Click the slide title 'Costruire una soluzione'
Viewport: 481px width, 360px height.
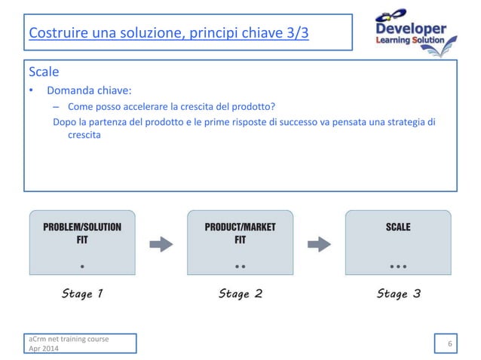168,34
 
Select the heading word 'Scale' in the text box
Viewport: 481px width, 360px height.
44,72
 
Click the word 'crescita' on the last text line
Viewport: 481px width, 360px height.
84,136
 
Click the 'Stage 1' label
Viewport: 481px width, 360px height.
82,294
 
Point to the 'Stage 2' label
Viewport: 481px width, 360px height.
240,294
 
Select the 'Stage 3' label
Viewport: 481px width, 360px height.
398,294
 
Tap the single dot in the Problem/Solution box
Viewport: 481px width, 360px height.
82,267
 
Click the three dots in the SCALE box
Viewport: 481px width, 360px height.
398,267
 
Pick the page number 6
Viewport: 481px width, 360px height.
450,344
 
